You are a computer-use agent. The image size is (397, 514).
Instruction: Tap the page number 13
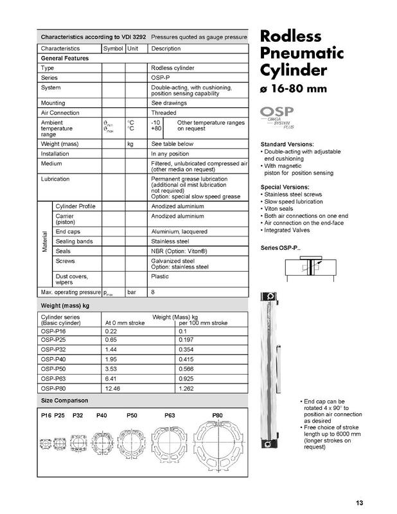tap(360, 502)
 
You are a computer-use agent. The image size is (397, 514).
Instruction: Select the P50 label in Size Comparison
tap(133, 416)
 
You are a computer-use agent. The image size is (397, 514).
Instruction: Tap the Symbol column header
tap(112, 48)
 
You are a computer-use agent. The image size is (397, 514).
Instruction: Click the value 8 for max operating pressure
tap(153, 292)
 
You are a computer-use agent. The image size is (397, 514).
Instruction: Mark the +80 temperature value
tap(155, 128)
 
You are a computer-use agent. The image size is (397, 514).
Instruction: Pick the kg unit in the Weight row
tap(130, 144)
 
